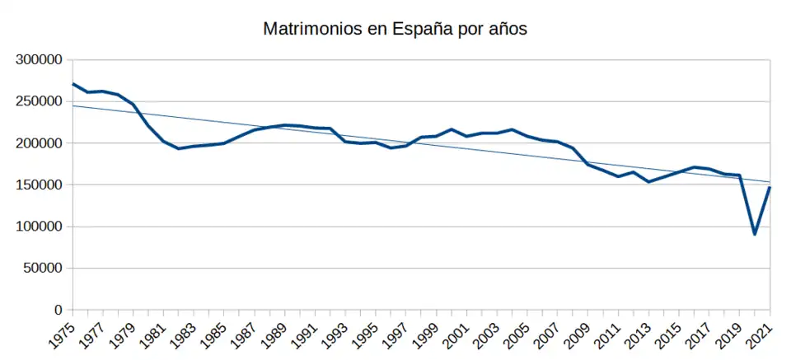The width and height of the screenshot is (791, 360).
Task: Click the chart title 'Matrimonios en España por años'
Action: [x=395, y=29]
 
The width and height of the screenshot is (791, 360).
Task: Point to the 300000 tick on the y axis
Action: [x=40, y=59]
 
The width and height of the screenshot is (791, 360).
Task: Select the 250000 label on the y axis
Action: [x=40, y=101]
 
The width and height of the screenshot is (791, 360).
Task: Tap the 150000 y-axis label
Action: [x=40, y=185]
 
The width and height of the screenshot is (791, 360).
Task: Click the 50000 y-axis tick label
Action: [x=43, y=269]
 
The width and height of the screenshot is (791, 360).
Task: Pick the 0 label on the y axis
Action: [x=59, y=311]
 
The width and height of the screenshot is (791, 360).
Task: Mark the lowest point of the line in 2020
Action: [x=755, y=234]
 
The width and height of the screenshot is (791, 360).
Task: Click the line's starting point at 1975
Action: [x=73, y=84]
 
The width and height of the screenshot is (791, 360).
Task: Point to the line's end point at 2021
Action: [x=770, y=187]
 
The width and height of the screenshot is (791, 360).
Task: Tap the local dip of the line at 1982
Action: [x=179, y=148]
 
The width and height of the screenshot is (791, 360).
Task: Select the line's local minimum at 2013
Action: [x=648, y=181]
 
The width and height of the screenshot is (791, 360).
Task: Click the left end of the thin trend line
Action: [x=73, y=105]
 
